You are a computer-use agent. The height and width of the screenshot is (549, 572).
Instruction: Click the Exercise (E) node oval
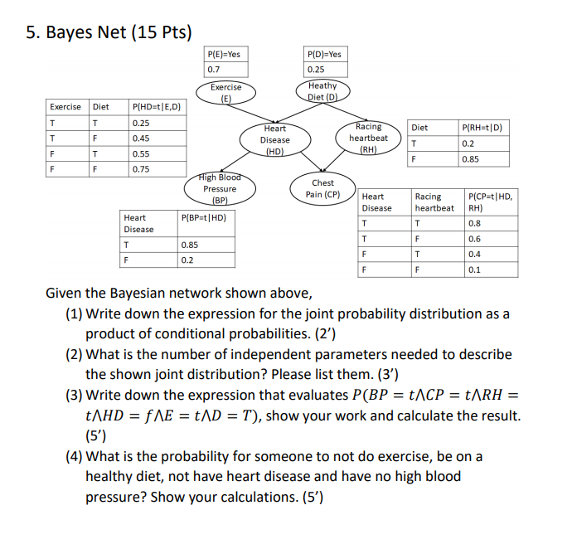pos(225,91)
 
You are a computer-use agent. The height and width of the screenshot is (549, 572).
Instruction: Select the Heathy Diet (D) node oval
pos(322,90)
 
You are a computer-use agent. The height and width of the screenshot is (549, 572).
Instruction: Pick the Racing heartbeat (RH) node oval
pos(368,138)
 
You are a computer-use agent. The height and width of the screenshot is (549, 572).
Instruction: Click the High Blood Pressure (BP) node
pos(220,188)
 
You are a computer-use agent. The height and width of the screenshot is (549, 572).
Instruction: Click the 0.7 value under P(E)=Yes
pos(215,70)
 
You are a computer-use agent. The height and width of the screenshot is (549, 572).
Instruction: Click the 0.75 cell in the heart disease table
pos(141,169)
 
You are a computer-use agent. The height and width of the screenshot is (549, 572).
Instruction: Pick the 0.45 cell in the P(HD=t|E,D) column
pos(141,138)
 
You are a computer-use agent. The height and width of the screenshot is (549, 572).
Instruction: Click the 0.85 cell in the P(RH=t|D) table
pos(471,158)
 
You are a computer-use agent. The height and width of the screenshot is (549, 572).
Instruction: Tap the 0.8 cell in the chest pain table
pos(474,223)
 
